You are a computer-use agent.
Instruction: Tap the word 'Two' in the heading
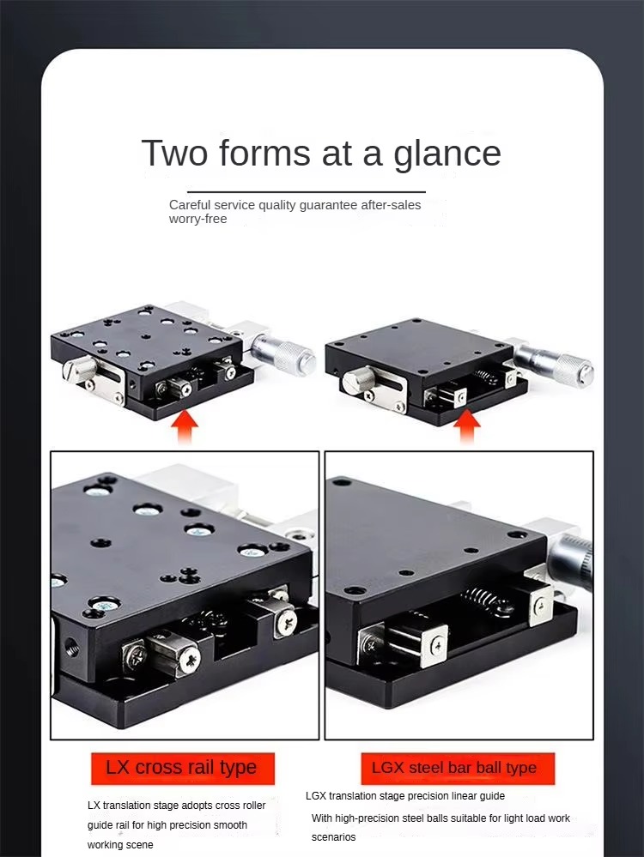174,152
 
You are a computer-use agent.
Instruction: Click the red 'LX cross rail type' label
182,769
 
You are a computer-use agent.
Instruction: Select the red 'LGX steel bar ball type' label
458,768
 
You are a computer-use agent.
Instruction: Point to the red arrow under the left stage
186,427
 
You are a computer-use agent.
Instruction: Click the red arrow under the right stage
467,426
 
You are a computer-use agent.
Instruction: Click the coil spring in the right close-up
485,601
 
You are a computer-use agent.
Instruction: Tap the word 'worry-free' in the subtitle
197,219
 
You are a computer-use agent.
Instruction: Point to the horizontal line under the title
307,192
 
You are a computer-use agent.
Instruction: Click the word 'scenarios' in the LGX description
333,836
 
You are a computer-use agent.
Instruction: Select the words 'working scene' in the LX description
120,844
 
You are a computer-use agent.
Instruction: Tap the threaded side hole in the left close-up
70,649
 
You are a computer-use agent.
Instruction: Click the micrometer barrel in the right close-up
572,563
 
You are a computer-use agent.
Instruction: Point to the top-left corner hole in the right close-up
342,483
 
